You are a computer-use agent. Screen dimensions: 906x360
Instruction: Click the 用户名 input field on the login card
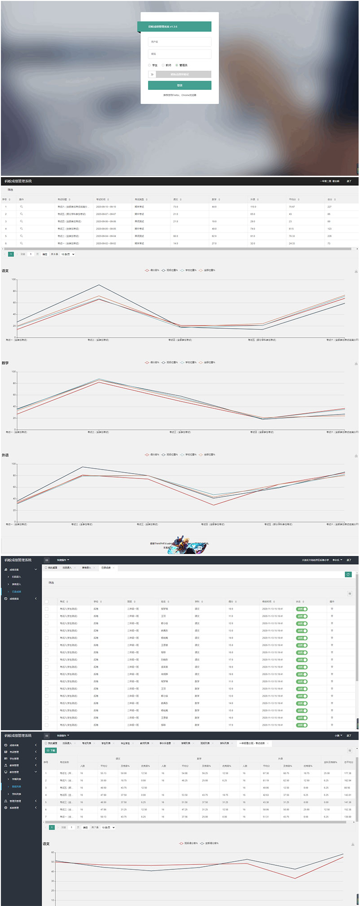tap(179, 42)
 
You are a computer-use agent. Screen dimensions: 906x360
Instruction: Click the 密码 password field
tap(179, 54)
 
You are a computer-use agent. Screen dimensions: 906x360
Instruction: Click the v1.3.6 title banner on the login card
tap(174, 27)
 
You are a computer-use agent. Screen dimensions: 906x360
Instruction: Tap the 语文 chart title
tap(5, 271)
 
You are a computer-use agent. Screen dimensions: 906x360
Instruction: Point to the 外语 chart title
tap(5, 455)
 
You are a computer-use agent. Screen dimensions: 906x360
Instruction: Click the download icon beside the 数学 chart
tap(356, 364)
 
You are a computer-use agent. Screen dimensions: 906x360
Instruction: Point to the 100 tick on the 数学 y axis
tap(13, 372)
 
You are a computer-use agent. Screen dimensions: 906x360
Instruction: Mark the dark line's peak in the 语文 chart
tap(99, 285)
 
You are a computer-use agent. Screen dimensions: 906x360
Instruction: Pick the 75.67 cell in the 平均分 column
tap(292, 207)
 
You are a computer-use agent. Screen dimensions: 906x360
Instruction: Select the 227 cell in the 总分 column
tap(330, 207)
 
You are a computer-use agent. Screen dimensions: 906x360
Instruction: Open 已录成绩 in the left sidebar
tap(17, 592)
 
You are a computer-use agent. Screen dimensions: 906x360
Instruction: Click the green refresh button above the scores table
tap(348, 575)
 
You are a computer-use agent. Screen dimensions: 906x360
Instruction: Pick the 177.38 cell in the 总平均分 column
tap(348, 773)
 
